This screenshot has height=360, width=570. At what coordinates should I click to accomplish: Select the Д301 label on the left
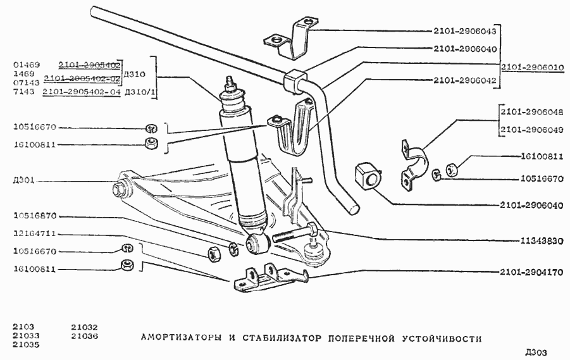[23, 180]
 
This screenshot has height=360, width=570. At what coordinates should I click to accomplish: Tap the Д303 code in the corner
[535, 352]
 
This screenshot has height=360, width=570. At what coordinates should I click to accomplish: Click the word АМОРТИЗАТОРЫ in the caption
[180, 338]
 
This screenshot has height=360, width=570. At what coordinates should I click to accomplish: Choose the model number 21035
[25, 345]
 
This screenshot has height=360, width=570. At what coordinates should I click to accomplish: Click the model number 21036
[84, 336]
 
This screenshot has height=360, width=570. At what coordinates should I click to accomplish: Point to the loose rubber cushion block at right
[368, 175]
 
